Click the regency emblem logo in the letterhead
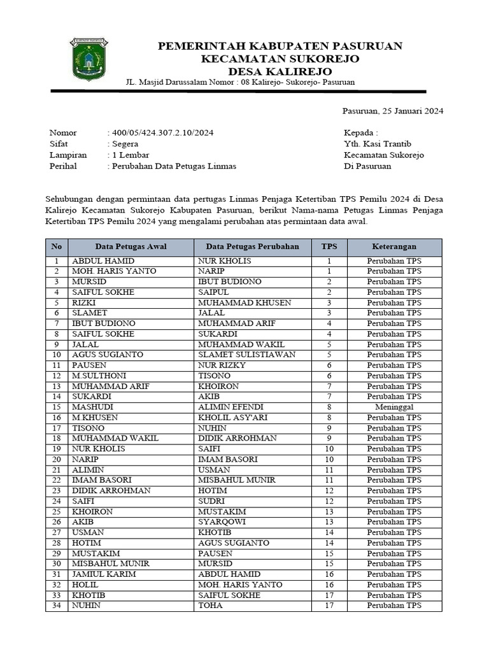point(89,59)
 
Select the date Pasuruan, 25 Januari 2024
point(392,111)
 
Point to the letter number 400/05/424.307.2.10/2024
point(162,132)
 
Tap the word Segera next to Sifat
point(125,144)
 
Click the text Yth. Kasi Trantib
point(378,144)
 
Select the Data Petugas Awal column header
point(131,246)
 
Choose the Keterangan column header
point(394,246)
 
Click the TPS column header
point(329,246)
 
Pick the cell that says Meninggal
point(394,407)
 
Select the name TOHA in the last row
point(210,606)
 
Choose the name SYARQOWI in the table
point(222,522)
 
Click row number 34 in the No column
point(57,606)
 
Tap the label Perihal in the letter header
point(63,166)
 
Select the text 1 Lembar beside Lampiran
point(131,155)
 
